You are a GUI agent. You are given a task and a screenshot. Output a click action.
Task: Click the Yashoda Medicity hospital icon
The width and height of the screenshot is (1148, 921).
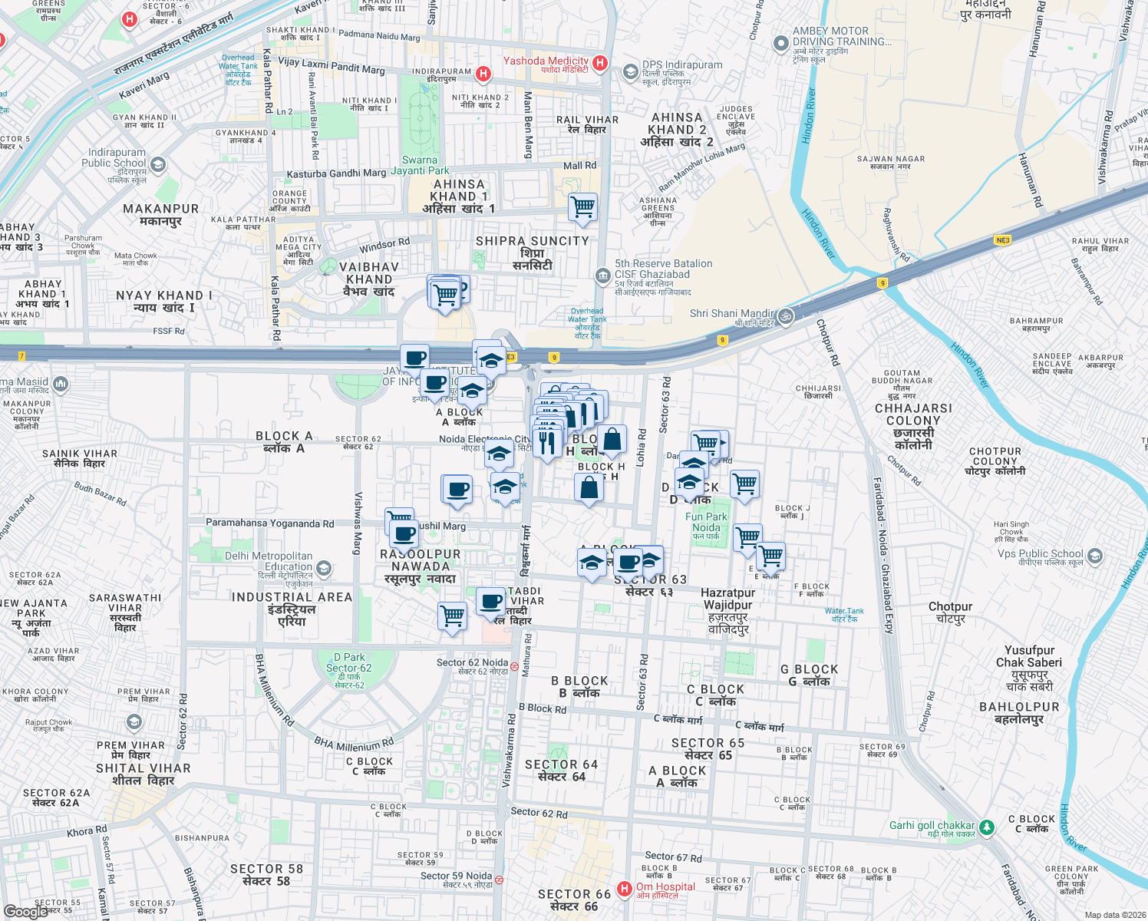600,63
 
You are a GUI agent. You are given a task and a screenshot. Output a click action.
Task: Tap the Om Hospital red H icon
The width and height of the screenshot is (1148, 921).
625,889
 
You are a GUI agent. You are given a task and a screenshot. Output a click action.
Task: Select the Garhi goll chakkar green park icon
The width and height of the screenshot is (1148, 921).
987,827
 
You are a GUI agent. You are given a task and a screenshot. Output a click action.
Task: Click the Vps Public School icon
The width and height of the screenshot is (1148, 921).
1095,556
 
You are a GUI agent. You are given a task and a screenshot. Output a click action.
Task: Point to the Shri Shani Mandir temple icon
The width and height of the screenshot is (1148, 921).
785,315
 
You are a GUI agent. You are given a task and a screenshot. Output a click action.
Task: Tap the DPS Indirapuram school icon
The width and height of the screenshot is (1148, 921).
630,72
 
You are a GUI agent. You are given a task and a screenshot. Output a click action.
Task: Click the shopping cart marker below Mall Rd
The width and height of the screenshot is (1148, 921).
583,207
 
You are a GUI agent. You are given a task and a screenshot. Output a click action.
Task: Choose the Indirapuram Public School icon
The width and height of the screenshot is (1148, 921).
158,164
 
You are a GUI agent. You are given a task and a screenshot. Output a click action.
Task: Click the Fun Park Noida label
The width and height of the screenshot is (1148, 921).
706,522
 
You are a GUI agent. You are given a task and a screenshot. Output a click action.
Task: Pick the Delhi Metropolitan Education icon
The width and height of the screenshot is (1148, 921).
324,569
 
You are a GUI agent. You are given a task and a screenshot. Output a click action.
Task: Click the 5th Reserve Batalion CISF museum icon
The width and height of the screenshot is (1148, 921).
603,275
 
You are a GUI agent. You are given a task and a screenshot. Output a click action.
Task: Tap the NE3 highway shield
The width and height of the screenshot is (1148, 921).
1002,240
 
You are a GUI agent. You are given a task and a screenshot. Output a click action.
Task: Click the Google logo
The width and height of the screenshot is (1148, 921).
26,911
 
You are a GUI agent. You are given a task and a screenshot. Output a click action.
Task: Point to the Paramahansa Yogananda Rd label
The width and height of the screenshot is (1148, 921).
269,523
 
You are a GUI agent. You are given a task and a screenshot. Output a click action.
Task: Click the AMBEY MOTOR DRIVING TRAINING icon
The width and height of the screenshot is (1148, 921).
781,44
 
